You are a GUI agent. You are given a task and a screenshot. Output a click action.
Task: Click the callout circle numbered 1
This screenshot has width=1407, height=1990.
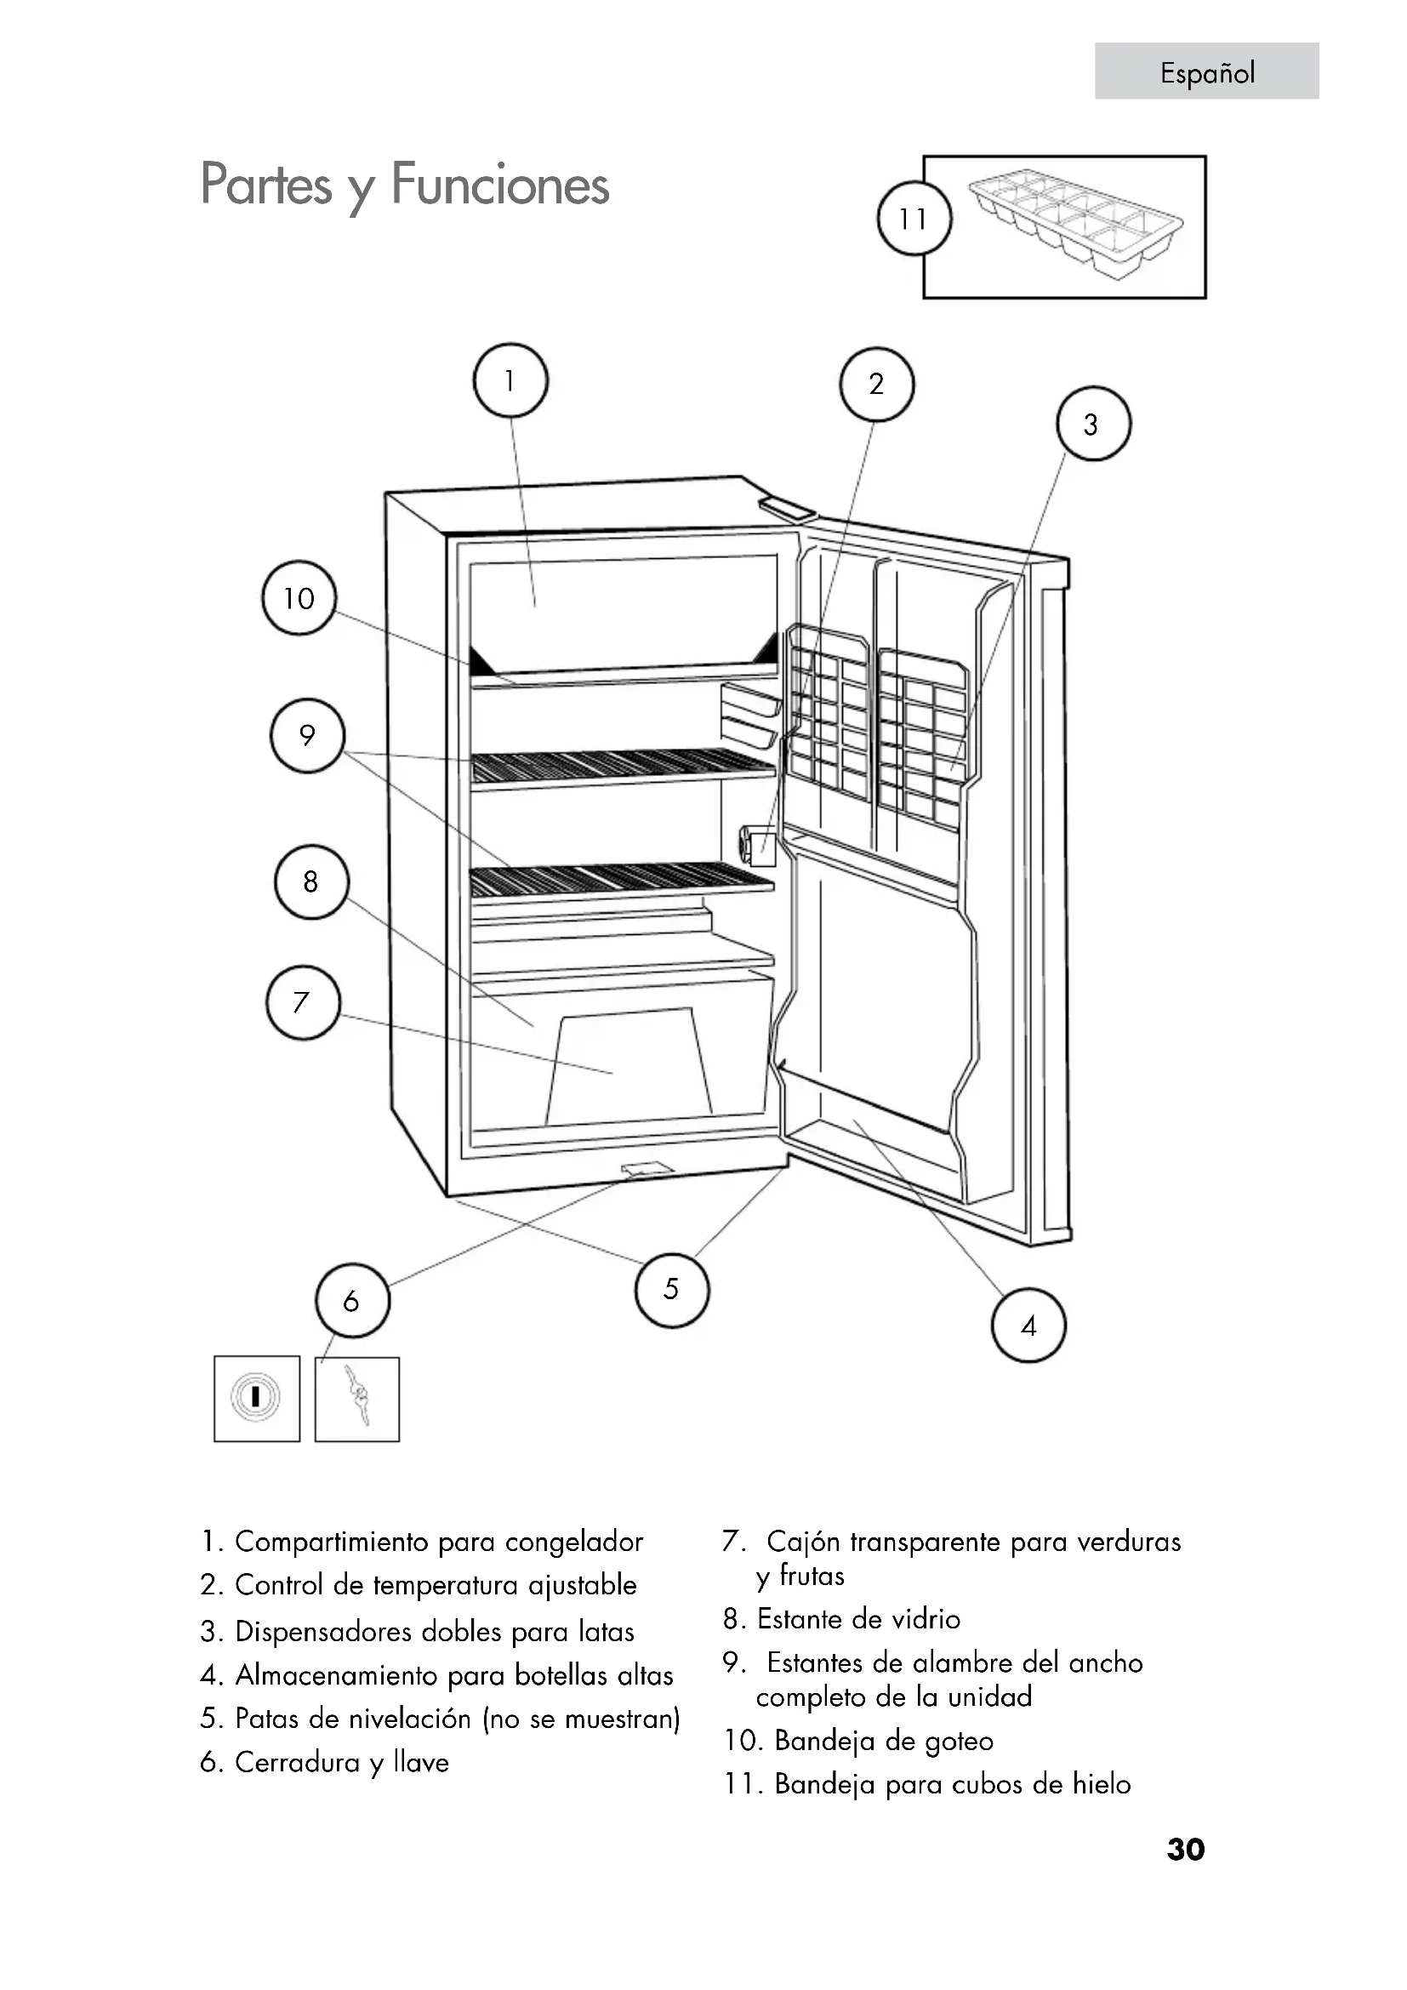[510, 381]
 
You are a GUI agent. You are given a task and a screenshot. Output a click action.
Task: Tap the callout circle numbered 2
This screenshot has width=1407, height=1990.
[876, 384]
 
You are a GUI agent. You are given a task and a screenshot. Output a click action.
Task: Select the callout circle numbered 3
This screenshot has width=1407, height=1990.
[1092, 424]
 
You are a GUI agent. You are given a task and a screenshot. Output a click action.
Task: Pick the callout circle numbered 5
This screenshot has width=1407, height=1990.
[671, 1290]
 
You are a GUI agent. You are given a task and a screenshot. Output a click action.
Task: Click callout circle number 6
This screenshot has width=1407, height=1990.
[352, 1301]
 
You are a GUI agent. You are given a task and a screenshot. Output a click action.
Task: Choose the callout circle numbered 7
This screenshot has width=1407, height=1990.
[302, 1003]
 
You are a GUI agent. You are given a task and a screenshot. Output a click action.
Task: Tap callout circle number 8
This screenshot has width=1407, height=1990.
[311, 882]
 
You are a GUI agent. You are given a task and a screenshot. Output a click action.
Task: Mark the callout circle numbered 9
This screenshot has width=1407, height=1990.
[308, 736]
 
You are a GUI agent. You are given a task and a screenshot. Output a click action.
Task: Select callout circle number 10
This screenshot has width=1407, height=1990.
[299, 598]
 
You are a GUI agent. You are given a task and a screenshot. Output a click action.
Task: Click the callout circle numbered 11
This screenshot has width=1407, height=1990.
[914, 219]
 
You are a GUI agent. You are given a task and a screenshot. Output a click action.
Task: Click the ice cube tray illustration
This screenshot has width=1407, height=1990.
[1075, 224]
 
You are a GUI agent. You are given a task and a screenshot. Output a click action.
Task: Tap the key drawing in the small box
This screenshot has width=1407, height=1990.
[357, 1398]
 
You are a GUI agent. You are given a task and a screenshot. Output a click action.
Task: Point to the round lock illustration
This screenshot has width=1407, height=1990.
[255, 1397]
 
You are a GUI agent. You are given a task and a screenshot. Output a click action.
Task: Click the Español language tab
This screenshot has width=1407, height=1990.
[1207, 71]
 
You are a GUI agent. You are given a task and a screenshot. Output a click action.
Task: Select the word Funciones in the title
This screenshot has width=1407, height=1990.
[500, 185]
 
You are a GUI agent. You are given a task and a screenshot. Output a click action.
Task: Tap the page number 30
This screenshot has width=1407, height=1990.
[1185, 1849]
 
